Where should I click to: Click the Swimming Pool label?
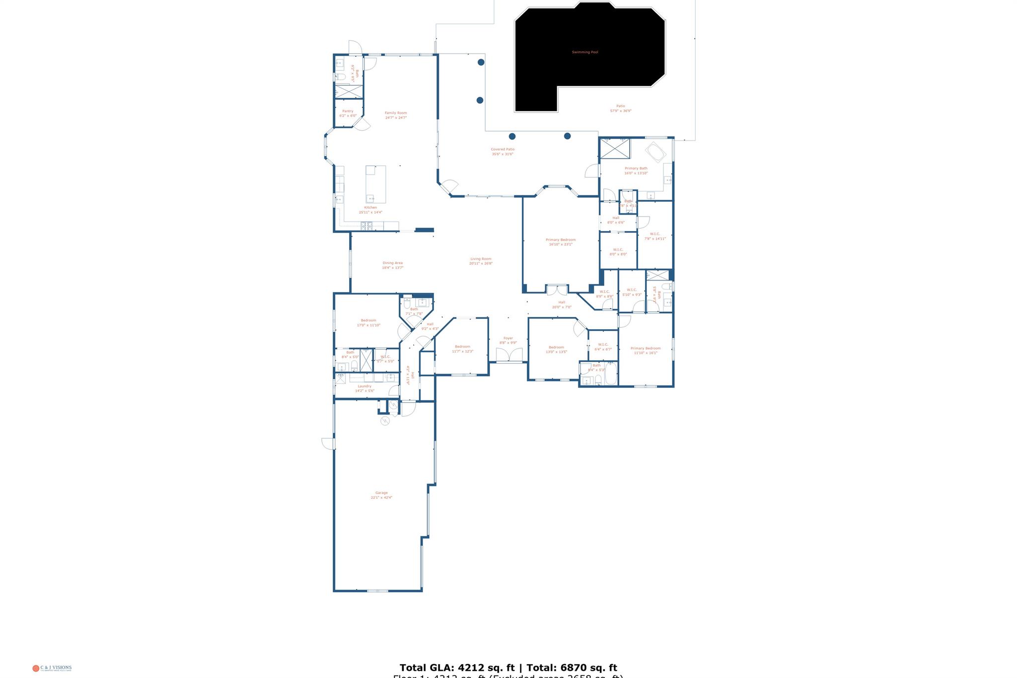[584, 52]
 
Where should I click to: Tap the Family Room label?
[396, 113]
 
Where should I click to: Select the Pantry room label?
[348, 111]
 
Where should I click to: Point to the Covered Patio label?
[503, 150]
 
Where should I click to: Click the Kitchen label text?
[370, 208]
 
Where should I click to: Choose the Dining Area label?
[392, 263]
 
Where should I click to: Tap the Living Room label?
[481, 259]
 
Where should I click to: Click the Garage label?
[381, 493]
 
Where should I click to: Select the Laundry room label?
[364, 386]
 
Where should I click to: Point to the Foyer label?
[508, 338]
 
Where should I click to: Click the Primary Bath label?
[636, 168]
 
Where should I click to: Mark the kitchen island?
[375, 184]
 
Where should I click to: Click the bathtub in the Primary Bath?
[655, 152]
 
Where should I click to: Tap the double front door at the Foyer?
[509, 355]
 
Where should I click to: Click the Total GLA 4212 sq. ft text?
[457, 668]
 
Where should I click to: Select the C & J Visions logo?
[52, 668]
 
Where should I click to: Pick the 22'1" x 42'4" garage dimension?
[381, 498]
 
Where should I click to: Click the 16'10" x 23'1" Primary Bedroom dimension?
[561, 244]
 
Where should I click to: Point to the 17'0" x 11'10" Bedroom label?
[368, 323]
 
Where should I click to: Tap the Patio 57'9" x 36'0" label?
[621, 108]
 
